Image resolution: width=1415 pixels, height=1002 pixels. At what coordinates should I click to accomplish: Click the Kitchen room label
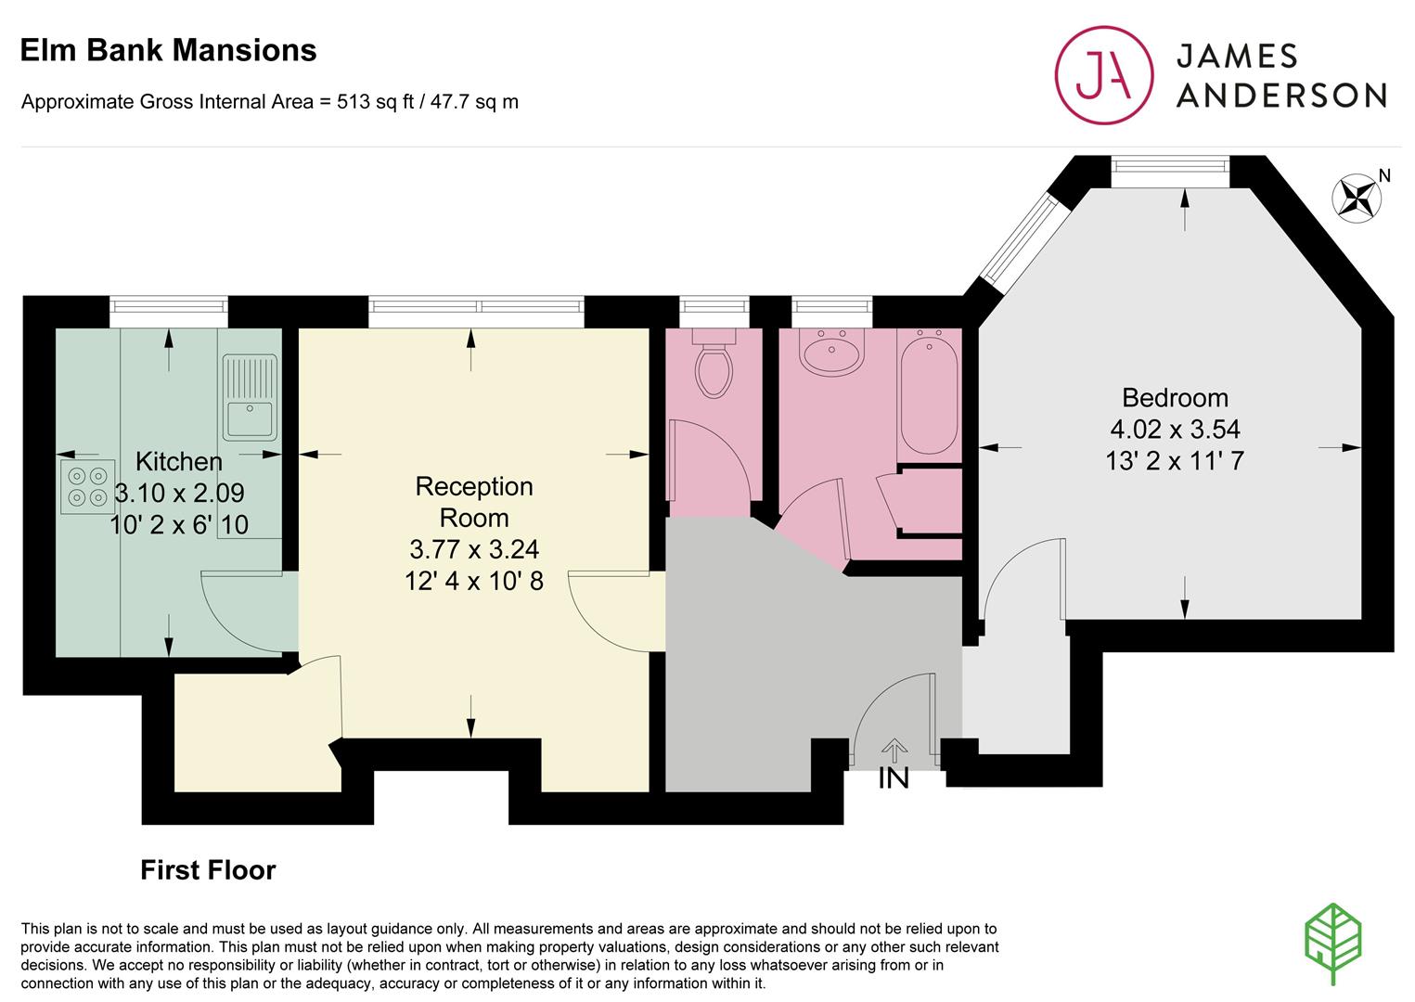tap(179, 462)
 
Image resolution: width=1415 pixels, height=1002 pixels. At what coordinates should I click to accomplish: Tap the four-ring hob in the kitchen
tap(88, 486)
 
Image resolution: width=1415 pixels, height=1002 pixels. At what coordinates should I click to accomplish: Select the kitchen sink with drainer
tap(250, 397)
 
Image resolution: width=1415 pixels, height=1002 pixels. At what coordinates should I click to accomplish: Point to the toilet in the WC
tap(714, 364)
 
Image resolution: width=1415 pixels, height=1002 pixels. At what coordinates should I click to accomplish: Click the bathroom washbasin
tap(831, 353)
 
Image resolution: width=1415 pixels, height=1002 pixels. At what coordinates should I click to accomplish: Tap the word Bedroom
tap(1175, 398)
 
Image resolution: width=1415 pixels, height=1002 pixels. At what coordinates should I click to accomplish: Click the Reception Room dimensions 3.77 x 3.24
tap(474, 549)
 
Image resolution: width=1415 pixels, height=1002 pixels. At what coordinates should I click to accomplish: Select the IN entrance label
tap(894, 778)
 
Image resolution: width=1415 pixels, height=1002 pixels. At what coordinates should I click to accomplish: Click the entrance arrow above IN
tap(894, 751)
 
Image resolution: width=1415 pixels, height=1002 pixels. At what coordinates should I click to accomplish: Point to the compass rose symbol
tap(1357, 198)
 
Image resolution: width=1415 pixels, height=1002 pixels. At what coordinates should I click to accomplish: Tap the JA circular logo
tap(1104, 74)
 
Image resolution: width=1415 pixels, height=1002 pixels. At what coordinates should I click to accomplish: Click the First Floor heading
tap(208, 870)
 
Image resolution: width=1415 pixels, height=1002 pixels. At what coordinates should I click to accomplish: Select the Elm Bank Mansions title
tap(168, 50)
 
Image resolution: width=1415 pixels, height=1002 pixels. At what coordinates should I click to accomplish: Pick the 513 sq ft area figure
tap(375, 102)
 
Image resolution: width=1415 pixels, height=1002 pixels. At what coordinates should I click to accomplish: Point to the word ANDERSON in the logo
tap(1282, 96)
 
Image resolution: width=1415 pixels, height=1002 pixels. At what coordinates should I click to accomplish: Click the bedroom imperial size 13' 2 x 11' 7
tap(1175, 460)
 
